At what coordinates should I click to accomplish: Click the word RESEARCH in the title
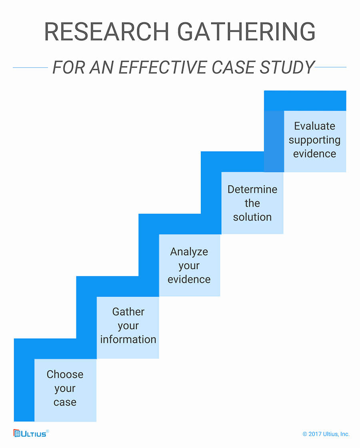pos(107,32)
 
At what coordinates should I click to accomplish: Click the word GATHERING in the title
pos(246,32)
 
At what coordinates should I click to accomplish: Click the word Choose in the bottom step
pos(65,374)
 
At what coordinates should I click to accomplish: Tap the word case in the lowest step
pos(65,402)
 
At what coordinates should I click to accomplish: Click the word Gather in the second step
pos(128,312)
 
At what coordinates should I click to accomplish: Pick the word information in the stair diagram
pos(128,340)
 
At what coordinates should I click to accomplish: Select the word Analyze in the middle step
pos(189,252)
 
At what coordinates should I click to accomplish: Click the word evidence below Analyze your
pos(189,279)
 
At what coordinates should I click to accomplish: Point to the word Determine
pos(252,189)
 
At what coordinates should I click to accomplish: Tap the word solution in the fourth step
pos(252,217)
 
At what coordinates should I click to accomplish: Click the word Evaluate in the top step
pos(315,126)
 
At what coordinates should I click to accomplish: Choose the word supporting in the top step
pos(315,140)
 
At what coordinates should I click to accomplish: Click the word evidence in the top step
pos(315,154)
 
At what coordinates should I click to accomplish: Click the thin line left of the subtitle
pos(30,68)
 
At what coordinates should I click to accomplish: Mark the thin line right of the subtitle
pos(330,67)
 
